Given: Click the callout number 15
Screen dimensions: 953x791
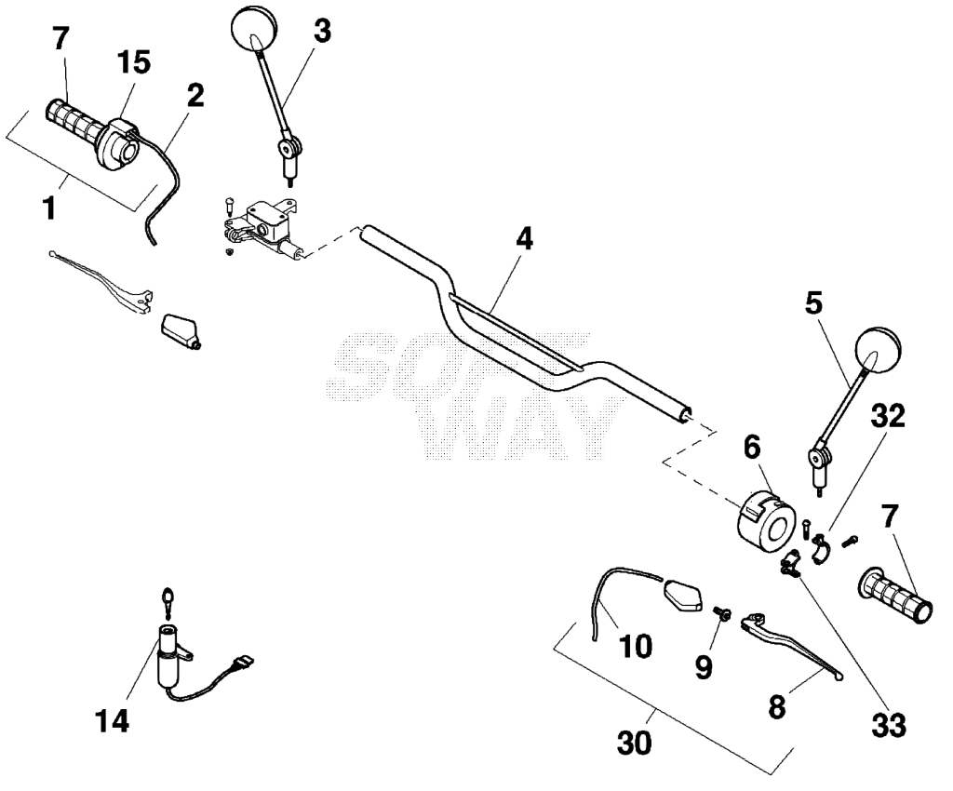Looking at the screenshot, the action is (x=134, y=62).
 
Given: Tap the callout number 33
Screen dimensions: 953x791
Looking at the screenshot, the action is (x=889, y=725).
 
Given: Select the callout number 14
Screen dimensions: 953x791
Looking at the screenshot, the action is (x=113, y=722).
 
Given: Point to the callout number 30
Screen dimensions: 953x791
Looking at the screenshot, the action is (x=635, y=743).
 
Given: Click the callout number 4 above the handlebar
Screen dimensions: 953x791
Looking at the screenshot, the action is (x=524, y=239).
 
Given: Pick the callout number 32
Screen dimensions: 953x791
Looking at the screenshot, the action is (x=888, y=417).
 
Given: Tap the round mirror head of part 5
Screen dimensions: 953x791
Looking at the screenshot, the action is (x=877, y=350).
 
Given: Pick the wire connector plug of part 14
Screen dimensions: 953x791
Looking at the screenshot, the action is (x=243, y=662).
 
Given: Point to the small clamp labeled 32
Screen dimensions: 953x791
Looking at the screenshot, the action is (x=821, y=547).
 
